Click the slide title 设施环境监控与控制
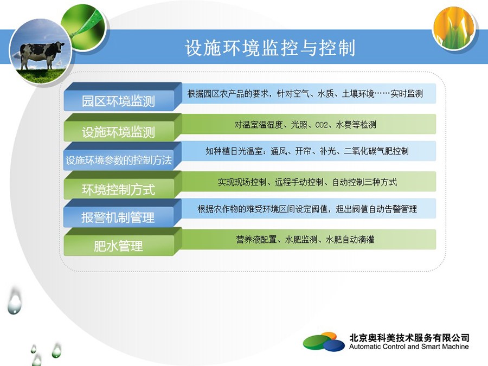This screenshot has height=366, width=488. point(270,48)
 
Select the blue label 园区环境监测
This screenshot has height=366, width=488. point(118,101)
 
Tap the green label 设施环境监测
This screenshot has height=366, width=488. point(118,132)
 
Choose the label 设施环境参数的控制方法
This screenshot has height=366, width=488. point(119,160)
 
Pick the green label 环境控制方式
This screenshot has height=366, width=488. point(118,189)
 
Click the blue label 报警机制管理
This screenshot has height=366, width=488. point(118,217)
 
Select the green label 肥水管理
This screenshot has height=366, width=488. point(118,246)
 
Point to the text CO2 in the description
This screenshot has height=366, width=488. point(322,125)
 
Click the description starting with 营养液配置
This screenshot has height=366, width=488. point(305,239)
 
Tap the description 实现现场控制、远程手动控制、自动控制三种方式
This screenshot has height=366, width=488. point(307,182)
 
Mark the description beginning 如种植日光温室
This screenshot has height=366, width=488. point(307,151)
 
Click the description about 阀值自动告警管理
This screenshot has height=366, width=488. point(307,209)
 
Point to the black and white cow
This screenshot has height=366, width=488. point(42,54)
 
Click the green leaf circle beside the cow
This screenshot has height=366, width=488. point(84,27)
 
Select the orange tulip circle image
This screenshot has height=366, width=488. point(454,28)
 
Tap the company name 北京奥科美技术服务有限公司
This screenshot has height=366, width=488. point(409,338)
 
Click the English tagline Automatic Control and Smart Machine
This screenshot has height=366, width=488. point(409,346)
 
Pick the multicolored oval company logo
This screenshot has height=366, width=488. point(324,342)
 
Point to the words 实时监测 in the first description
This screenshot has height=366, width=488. point(407,93)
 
